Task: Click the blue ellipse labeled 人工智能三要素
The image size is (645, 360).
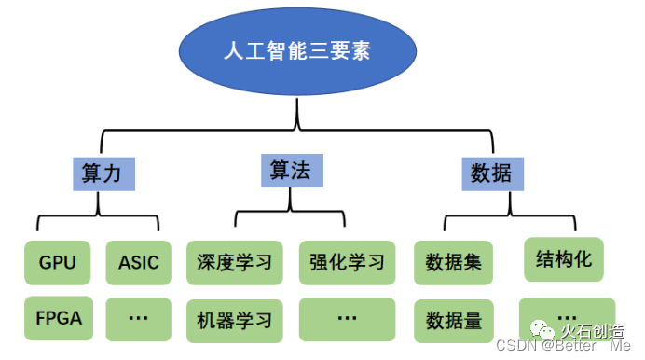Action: (297, 51)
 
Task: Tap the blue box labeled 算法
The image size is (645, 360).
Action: (290, 170)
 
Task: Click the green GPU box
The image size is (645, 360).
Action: (58, 262)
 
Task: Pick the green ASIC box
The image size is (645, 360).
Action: (138, 262)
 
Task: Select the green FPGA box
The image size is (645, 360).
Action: (58, 318)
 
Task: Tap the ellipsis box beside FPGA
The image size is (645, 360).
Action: (138, 318)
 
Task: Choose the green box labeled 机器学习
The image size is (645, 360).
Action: (234, 320)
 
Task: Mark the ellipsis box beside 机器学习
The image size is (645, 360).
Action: (347, 318)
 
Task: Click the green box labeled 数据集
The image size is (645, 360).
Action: (453, 263)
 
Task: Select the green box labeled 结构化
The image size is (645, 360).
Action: (564, 258)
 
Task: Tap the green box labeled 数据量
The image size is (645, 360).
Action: (453, 321)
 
